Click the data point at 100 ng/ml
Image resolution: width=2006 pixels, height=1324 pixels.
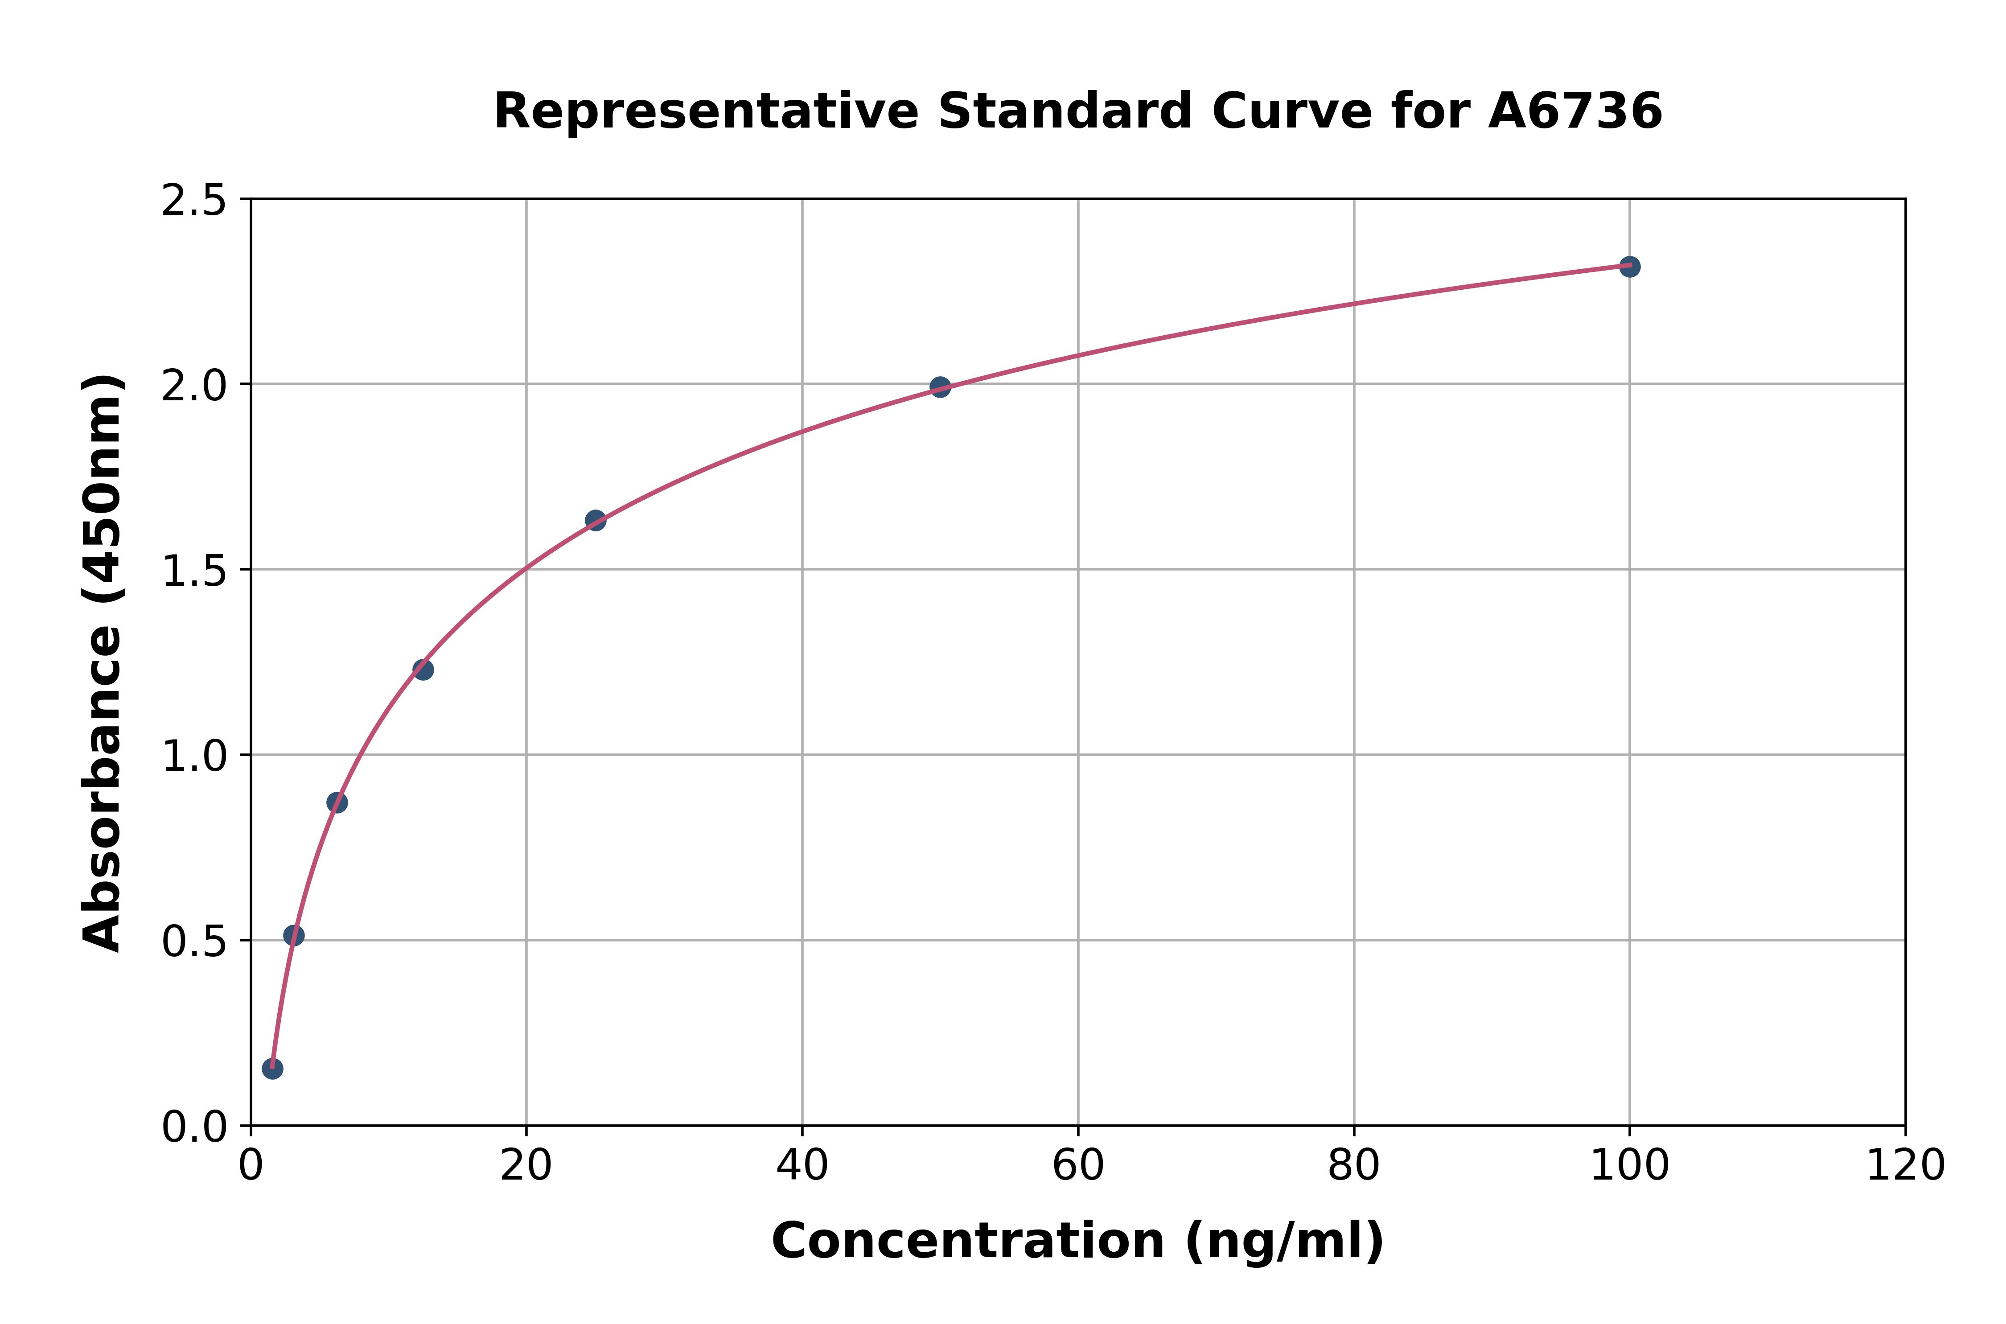(1629, 267)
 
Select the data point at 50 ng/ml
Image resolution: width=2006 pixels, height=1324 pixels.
(940, 387)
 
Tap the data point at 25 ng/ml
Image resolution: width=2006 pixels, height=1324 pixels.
(595, 520)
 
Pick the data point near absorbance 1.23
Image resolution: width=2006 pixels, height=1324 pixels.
(423, 670)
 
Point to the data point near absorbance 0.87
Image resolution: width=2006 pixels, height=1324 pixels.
(337, 802)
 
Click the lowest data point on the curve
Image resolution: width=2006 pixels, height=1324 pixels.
(272, 1069)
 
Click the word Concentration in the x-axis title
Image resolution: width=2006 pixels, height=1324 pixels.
(968, 1241)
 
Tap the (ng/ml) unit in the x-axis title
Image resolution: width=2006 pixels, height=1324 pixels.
(1284, 1241)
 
